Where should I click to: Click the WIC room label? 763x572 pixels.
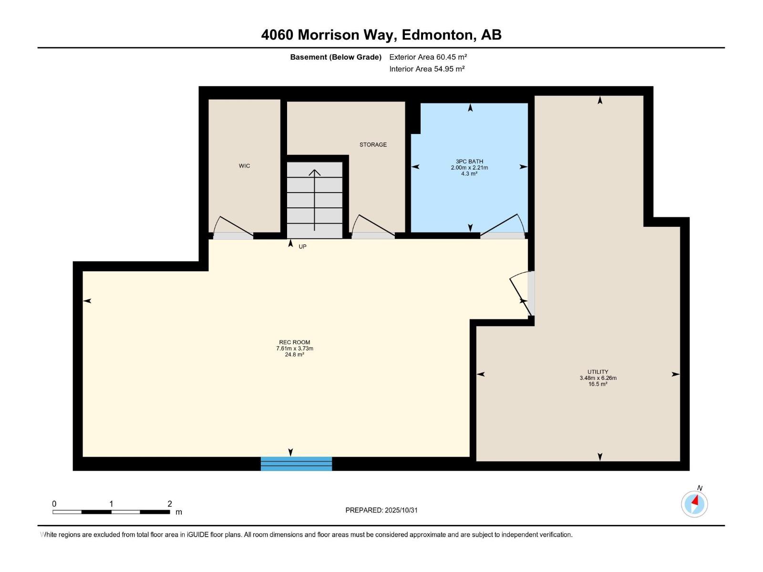tap(244, 166)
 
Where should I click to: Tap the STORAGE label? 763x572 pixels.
tap(373, 144)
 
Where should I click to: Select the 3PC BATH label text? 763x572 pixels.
tap(469, 162)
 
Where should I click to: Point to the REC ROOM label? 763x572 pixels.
tap(294, 342)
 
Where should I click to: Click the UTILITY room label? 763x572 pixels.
tap(598, 372)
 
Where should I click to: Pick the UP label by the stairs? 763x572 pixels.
tap(302, 246)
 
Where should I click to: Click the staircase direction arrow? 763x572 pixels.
tap(315, 200)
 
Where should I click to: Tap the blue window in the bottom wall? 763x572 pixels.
tap(296, 464)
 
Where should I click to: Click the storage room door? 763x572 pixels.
tap(373, 227)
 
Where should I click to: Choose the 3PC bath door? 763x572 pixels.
tap(503, 226)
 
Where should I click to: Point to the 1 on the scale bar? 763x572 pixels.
tap(111, 504)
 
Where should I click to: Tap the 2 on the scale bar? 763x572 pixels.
tap(170, 504)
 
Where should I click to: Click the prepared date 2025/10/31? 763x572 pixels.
tap(401, 510)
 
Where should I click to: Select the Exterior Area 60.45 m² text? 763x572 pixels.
tap(428, 57)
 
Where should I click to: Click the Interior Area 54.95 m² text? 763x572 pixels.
tap(427, 69)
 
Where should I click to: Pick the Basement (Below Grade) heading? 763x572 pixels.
tap(336, 57)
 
